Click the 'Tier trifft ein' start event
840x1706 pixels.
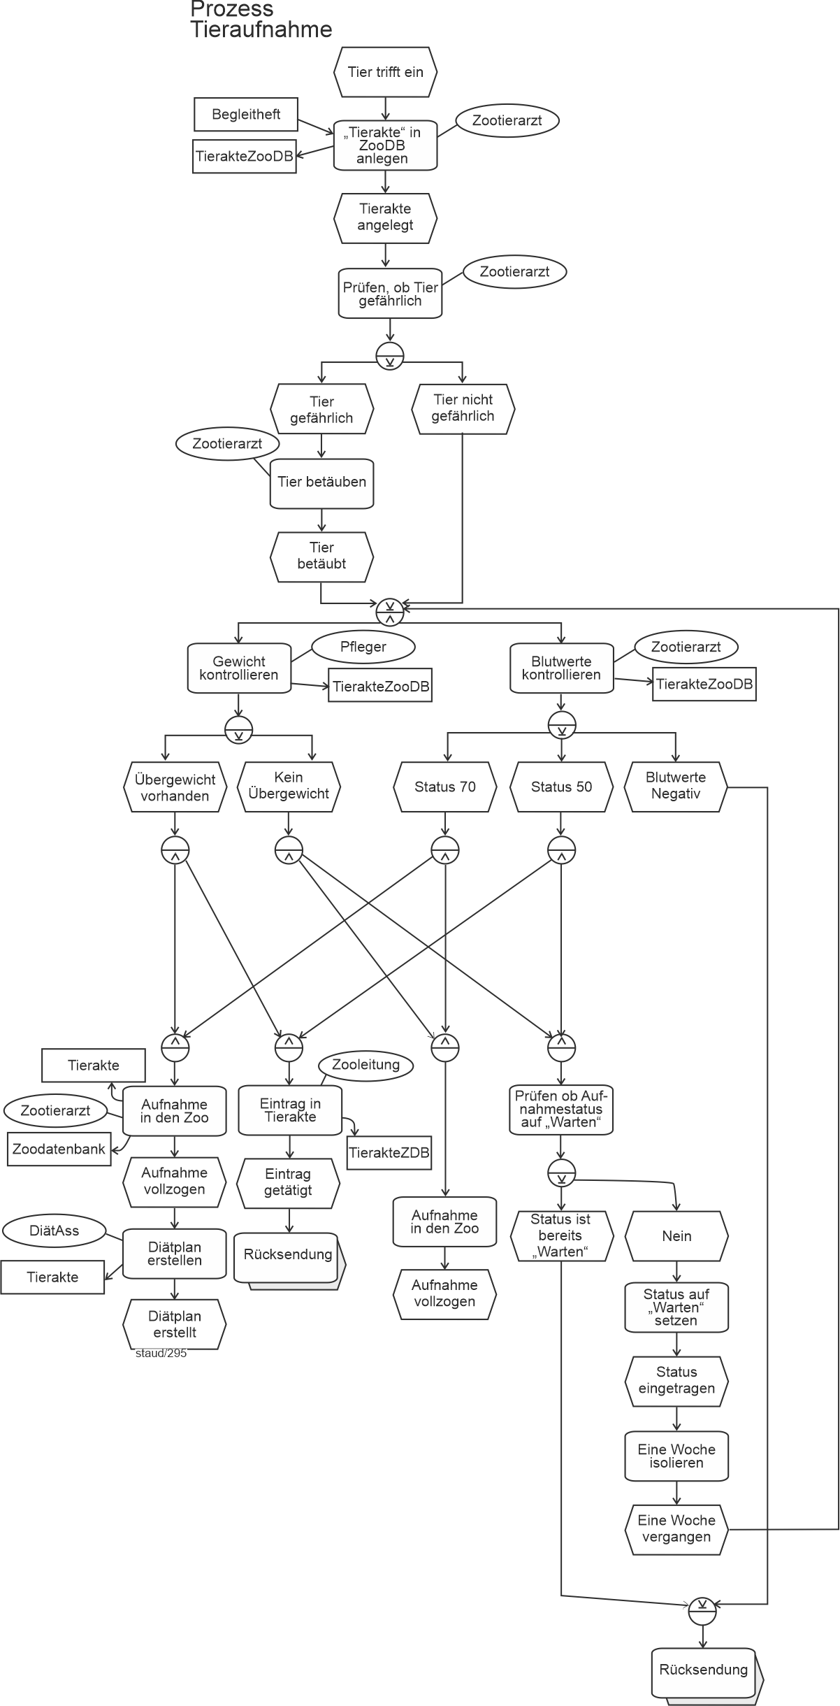point(385,72)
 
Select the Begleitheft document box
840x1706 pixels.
point(246,115)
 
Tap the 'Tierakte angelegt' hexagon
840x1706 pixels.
point(385,217)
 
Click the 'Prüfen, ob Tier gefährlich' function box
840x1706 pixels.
point(390,294)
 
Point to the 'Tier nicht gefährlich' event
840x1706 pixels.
point(463,408)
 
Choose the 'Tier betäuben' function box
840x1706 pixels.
point(321,482)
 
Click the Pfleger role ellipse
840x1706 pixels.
point(363,647)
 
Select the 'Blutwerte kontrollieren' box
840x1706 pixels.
point(561,668)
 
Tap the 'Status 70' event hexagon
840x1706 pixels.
point(445,787)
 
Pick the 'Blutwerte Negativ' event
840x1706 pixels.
point(676,786)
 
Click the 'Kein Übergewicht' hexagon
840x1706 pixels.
point(289,786)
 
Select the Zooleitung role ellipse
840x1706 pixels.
point(365,1066)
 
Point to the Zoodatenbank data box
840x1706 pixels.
point(59,1149)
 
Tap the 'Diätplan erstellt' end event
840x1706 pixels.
point(175,1324)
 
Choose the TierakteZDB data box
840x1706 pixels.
point(389,1153)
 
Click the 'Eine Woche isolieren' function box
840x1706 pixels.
point(676,1456)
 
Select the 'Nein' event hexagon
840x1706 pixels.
point(676,1236)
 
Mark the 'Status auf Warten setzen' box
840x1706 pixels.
point(676,1307)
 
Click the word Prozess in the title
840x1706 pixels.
point(231,10)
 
